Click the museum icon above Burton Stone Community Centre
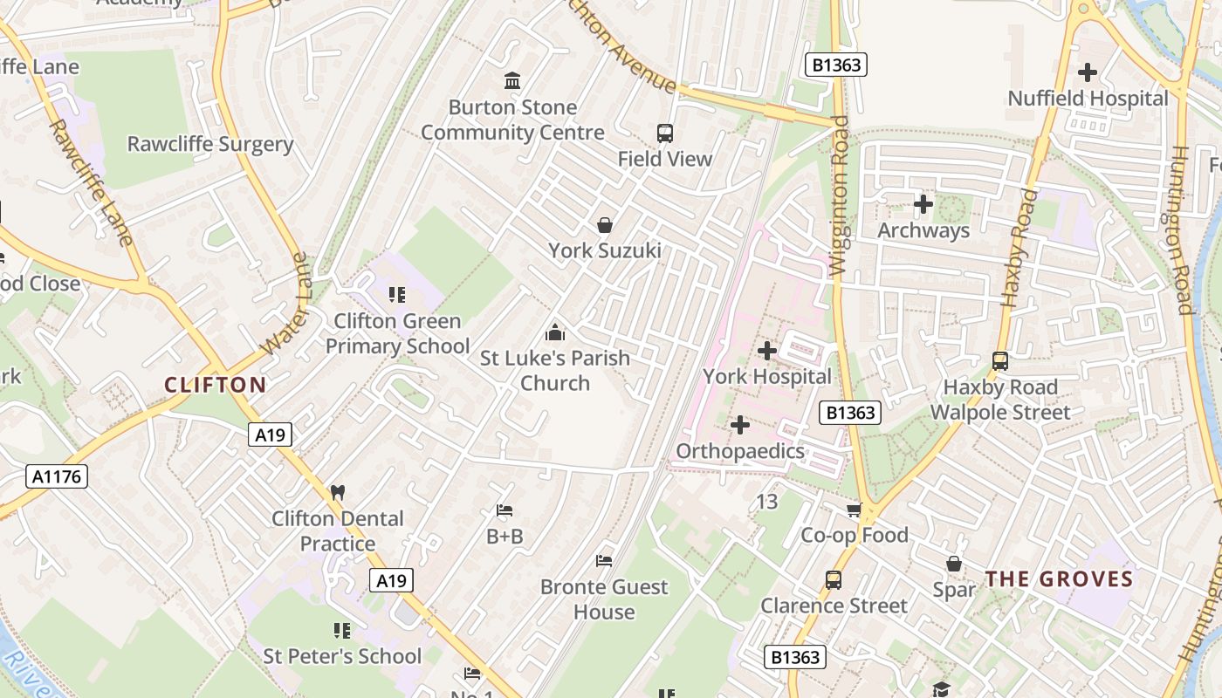click(512, 81)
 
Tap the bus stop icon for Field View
click(665, 133)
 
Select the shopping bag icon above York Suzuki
click(604, 225)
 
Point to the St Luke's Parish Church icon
click(554, 332)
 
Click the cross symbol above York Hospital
click(767, 351)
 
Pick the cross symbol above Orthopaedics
click(740, 425)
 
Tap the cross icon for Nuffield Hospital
click(1088, 72)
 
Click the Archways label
click(923, 230)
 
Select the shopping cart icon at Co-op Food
click(854, 510)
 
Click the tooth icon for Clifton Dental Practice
click(338, 493)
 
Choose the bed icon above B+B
click(505, 510)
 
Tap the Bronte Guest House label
click(604, 599)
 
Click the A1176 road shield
click(58, 476)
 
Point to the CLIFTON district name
click(215, 385)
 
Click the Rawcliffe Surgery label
click(210, 144)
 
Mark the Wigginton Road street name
click(841, 196)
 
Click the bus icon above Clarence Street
click(834, 579)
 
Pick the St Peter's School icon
click(342, 630)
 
